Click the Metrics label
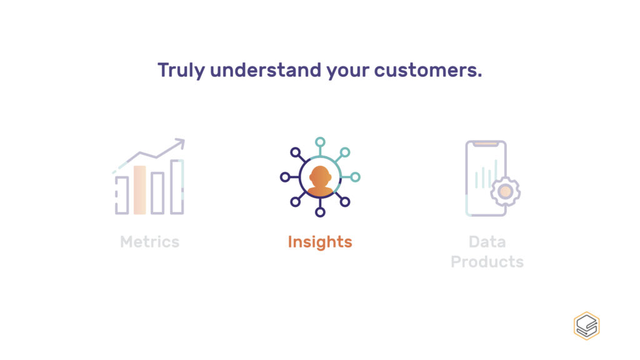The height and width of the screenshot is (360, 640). click(x=150, y=242)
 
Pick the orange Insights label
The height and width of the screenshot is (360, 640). click(x=320, y=242)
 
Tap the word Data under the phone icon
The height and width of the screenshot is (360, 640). click(x=487, y=242)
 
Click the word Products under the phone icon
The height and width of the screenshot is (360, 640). click(x=487, y=262)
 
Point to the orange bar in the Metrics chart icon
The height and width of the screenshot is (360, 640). click(x=139, y=190)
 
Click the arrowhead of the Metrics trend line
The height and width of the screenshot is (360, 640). click(x=180, y=143)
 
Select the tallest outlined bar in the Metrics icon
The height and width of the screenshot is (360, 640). click(x=177, y=186)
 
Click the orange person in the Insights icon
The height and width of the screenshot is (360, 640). click(x=320, y=181)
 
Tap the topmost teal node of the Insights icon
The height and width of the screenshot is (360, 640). click(x=320, y=142)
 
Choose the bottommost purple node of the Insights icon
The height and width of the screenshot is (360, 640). click(x=320, y=212)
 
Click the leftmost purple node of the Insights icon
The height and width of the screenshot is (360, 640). click(x=285, y=177)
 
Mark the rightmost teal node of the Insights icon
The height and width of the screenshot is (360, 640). click(x=355, y=177)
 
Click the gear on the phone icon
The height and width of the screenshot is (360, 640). click(x=505, y=191)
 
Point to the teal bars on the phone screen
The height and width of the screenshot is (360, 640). click(x=486, y=175)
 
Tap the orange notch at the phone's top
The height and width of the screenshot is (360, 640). click(x=486, y=144)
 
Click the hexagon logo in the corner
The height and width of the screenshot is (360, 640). click(x=586, y=326)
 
